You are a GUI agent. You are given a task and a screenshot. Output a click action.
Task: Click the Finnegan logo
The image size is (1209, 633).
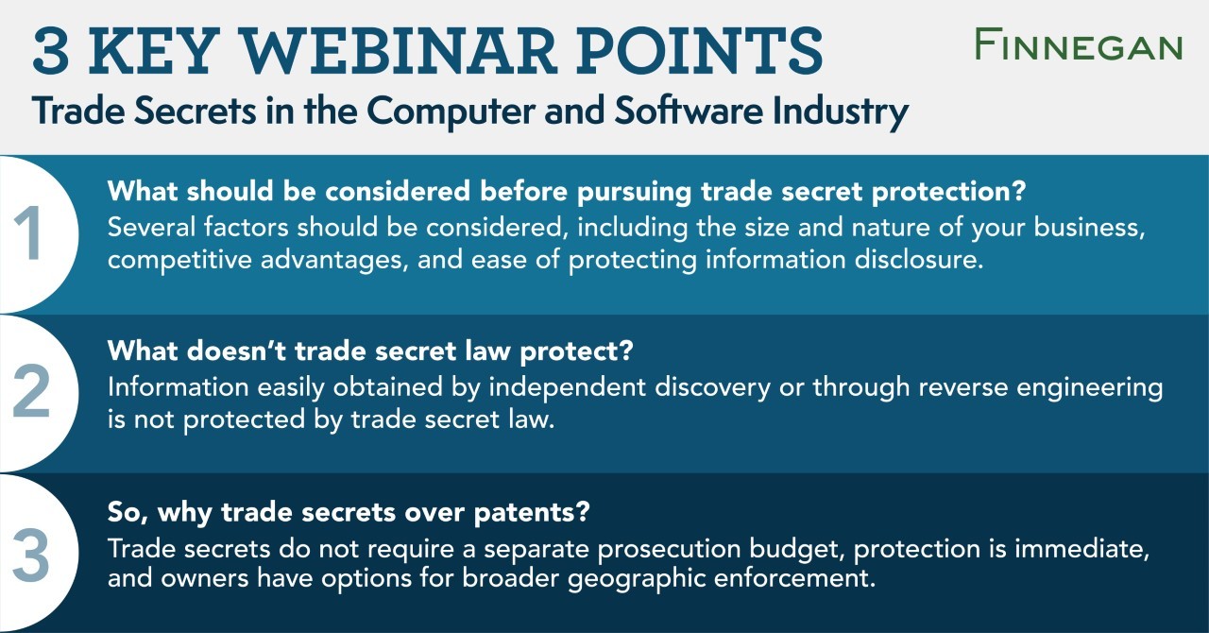pyautogui.click(x=1079, y=44)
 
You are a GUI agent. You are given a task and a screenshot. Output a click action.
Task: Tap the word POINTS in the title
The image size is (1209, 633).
pyautogui.click(x=700, y=51)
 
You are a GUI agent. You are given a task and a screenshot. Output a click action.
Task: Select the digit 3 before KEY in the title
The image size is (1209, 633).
pyautogui.click(x=51, y=51)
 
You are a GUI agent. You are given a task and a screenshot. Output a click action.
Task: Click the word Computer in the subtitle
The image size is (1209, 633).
pyautogui.click(x=451, y=111)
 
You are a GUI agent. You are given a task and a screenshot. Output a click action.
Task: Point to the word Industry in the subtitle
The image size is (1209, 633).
pyautogui.click(x=841, y=111)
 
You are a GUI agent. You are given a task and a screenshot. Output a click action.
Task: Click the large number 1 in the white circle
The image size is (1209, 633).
pyautogui.click(x=28, y=232)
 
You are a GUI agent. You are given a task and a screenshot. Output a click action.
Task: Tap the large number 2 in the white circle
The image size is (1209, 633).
pyautogui.click(x=30, y=391)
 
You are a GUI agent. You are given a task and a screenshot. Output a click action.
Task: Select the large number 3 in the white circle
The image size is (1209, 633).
pyautogui.click(x=30, y=555)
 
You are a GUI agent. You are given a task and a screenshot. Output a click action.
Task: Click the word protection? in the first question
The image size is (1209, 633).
pyautogui.click(x=949, y=192)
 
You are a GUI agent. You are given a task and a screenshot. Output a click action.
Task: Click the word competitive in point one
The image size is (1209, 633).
pyautogui.click(x=179, y=260)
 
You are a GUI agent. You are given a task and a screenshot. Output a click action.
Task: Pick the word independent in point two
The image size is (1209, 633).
pyautogui.click(x=568, y=387)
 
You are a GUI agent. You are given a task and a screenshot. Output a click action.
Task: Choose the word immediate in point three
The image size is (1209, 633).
pyautogui.click(x=1081, y=549)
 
